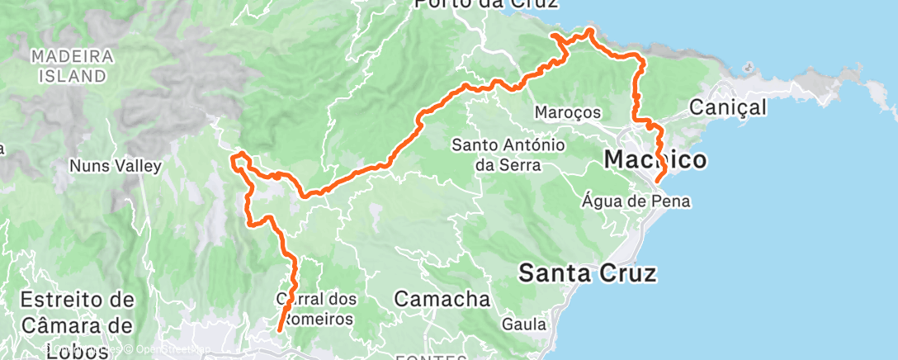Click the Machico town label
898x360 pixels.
655,159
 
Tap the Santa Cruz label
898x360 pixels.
588,272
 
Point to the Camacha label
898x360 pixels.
442,298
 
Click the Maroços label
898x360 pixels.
567,111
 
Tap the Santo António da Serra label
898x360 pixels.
508,154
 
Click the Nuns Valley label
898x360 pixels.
115,166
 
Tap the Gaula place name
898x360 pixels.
522,324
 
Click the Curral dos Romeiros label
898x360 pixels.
314,308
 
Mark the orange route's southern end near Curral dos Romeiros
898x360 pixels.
279,330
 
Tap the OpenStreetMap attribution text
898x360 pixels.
169,349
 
